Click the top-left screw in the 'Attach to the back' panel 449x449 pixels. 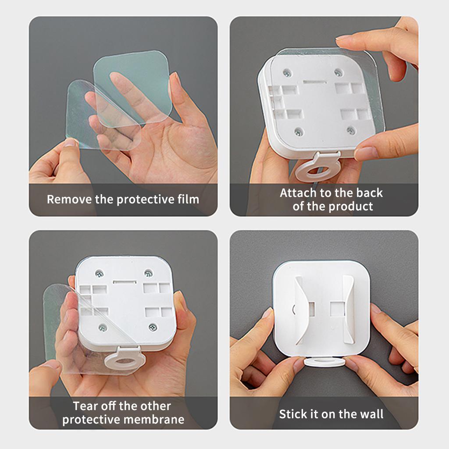coord(287,74)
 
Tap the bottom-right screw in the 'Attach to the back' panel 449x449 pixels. coord(351,131)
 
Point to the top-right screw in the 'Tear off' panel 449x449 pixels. coord(148,273)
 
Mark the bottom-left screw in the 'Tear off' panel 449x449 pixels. coord(103,327)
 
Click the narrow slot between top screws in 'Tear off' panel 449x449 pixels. coord(125,282)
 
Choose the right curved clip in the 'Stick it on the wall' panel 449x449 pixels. coord(347,309)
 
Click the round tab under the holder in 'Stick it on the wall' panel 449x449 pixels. coord(324,362)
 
